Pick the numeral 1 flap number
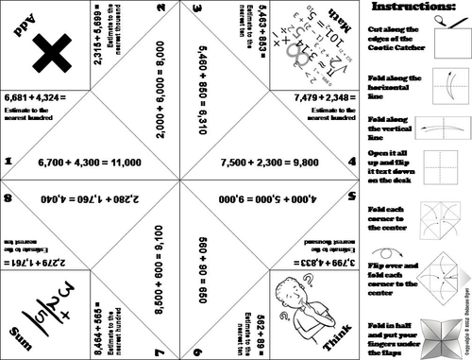click(x=7, y=162)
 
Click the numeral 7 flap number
click(x=161, y=351)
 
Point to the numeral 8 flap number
click(x=7, y=198)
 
